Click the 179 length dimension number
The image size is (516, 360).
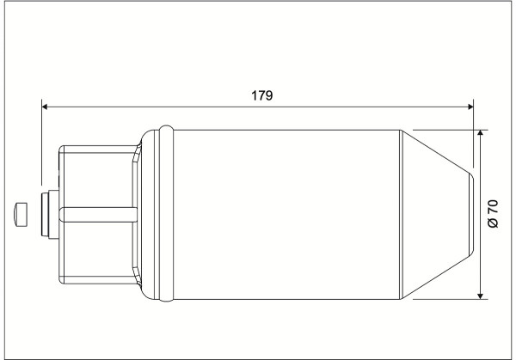pyautogui.click(x=262, y=95)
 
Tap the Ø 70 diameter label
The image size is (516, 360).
pyautogui.click(x=493, y=214)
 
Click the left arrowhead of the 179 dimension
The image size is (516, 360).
pyautogui.click(x=45, y=107)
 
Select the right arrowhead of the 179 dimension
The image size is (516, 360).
pyautogui.click(x=470, y=107)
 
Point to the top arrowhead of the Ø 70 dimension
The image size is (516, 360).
pyautogui.click(x=481, y=133)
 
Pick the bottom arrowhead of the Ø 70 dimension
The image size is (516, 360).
pyautogui.click(x=481, y=296)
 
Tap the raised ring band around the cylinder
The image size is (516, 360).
pyautogui.click(x=166, y=214)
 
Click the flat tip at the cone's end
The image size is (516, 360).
pyautogui.click(x=472, y=214)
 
